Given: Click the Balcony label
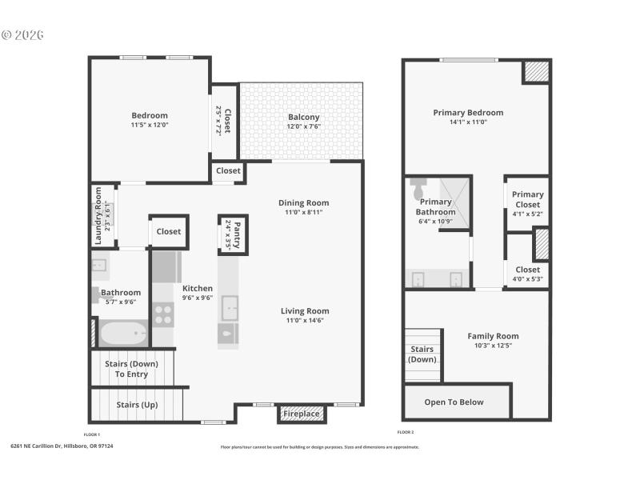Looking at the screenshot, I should point(303,117).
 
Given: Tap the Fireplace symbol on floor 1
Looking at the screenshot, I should point(302,414).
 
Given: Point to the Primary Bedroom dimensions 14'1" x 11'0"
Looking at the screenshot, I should point(468,122).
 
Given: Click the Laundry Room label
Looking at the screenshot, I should point(98,215).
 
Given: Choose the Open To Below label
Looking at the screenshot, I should point(454,402).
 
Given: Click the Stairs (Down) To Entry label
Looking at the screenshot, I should point(131,369).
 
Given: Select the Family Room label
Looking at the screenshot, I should point(493,336).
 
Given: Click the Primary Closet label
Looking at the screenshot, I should point(527,199).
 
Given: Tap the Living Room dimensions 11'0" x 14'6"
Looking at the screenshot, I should point(304,321).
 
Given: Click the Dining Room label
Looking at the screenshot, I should point(303,202).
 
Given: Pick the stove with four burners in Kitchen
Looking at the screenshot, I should point(163,314).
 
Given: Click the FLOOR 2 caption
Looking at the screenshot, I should point(406,432).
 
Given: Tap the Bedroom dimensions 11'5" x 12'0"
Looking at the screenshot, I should point(150,125).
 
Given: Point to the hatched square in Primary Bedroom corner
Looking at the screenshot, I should point(536,71).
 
